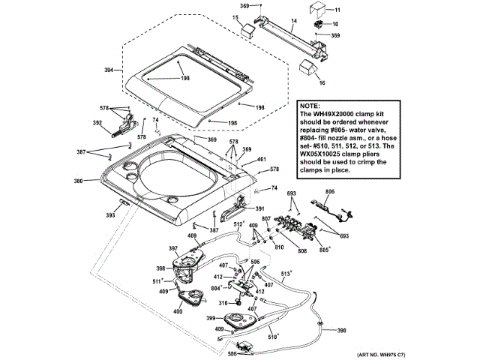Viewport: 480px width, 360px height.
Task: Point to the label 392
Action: tap(97, 123)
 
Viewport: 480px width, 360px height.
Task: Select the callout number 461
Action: tap(262, 159)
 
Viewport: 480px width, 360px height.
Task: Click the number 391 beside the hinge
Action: tap(260, 208)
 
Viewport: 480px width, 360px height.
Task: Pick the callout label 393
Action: tap(110, 215)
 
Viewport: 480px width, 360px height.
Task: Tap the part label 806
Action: tap(328, 191)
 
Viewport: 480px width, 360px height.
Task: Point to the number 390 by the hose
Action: tap(341, 331)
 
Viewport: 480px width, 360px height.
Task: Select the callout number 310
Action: tap(223, 303)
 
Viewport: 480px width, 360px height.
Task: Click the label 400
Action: tap(178, 310)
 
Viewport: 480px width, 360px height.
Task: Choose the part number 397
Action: tap(172, 249)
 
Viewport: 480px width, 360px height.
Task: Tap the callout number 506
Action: tap(232, 353)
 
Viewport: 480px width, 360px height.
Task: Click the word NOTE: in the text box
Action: tap(310, 106)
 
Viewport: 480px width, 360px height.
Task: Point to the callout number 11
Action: tap(337, 10)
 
